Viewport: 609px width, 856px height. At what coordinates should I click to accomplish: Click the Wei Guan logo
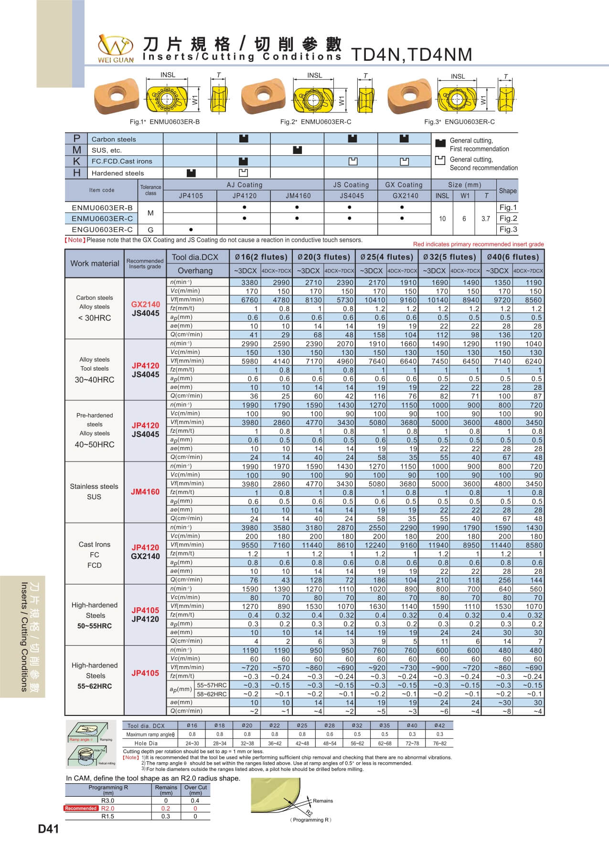pyautogui.click(x=116, y=48)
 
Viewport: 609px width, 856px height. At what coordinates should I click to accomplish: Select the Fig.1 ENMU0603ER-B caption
pyautogui.click(x=165, y=122)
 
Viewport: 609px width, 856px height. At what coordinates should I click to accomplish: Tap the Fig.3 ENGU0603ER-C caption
pyautogui.click(x=459, y=122)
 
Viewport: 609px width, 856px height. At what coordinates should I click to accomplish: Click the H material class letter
pyautogui.click(x=77, y=173)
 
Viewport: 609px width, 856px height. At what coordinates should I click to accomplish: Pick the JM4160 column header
pyautogui.click(x=298, y=196)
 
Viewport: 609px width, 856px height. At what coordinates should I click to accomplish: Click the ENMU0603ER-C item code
pyautogui.click(x=102, y=219)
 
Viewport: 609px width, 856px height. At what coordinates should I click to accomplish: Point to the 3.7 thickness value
pyautogui.click(x=486, y=219)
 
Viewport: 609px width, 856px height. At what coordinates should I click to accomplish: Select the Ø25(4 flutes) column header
pyautogui.click(x=386, y=257)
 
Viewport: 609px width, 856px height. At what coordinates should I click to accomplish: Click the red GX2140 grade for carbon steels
pyautogui.click(x=145, y=304)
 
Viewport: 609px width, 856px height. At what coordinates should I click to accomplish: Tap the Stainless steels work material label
pyautogui.click(x=94, y=486)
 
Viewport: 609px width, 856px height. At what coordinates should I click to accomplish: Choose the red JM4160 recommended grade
pyautogui.click(x=145, y=492)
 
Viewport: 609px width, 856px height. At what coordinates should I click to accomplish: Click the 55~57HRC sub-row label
pyautogui.click(x=212, y=685)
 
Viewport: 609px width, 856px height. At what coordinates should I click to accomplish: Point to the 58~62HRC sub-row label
pyautogui.click(x=212, y=694)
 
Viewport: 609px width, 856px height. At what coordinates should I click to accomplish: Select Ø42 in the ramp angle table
pyautogui.click(x=439, y=725)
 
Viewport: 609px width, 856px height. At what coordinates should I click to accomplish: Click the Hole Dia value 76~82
pyautogui.click(x=439, y=743)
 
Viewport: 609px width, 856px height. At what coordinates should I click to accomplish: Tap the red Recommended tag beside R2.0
pyautogui.click(x=81, y=808)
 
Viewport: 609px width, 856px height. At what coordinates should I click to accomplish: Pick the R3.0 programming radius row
pyautogui.click(x=108, y=801)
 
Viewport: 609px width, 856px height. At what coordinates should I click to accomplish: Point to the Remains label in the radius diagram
pyautogui.click(x=323, y=801)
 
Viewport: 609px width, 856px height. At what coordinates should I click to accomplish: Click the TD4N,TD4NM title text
pyautogui.click(x=411, y=55)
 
